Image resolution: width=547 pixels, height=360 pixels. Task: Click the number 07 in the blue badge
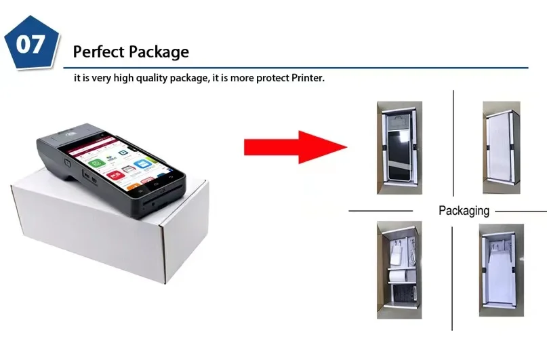pos(31,45)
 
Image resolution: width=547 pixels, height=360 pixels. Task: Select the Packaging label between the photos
pos(464,210)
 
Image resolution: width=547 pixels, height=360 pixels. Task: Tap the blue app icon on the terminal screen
pos(144,165)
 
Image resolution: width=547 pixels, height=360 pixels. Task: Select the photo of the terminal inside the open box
pos(399,147)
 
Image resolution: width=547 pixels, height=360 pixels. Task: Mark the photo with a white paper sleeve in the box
pos(501,269)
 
